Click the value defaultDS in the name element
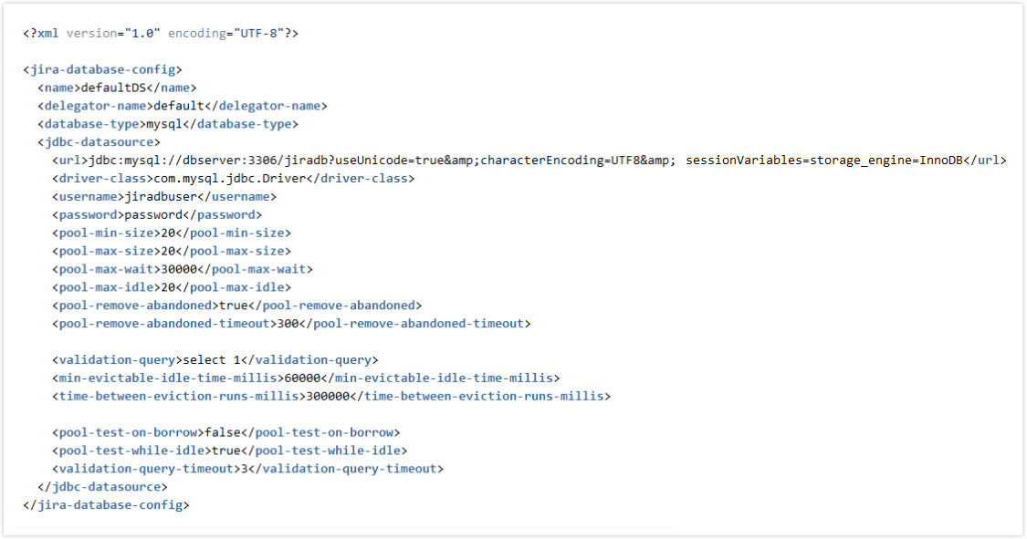[113, 88]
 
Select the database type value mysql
[164, 124]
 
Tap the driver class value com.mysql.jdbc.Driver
[230, 179]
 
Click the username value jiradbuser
[161, 197]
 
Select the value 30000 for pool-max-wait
[179, 269]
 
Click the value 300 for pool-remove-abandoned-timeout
[288, 323]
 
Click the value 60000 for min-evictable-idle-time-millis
[302, 378]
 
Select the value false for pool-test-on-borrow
[223, 432]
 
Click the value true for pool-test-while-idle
[226, 451]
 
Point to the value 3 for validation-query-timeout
[245, 469]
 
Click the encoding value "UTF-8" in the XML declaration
[258, 34]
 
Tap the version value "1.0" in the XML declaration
[139, 34]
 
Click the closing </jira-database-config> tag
[106, 505]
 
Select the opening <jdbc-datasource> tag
[99, 142]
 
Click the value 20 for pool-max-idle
[168, 287]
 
